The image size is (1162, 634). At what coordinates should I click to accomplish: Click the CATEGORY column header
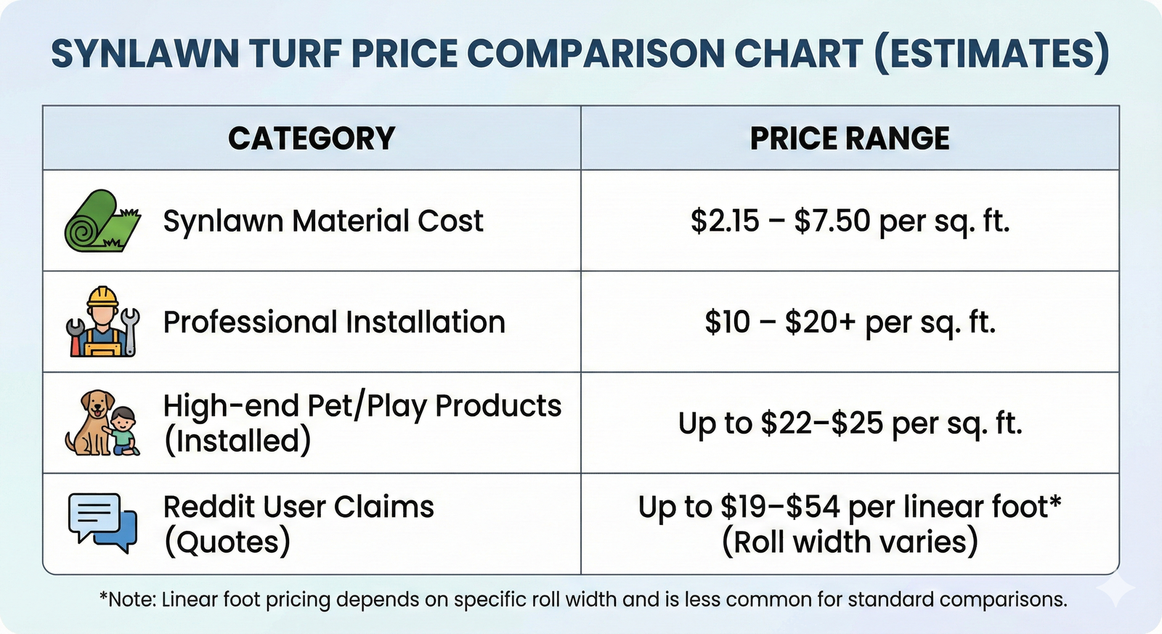312,138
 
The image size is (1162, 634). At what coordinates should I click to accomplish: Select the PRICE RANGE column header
850,138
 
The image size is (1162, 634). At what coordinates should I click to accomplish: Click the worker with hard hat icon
102,322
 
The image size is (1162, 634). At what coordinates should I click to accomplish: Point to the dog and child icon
102,423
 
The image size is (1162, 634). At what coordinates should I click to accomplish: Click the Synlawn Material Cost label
323,221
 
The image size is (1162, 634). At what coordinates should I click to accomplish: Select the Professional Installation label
334,322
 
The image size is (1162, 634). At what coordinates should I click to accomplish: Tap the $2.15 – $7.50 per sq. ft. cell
850,221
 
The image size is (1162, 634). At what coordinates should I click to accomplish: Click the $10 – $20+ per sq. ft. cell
850,322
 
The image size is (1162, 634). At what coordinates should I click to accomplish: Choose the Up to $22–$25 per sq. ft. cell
850,423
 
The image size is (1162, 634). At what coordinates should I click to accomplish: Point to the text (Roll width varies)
850,542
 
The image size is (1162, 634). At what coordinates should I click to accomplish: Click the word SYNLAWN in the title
145,54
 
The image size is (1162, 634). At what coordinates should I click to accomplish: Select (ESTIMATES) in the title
992,54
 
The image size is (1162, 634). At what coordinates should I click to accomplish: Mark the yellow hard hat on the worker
102,296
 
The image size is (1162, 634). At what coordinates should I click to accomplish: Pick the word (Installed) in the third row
237,441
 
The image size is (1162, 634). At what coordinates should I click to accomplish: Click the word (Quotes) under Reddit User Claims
227,542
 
